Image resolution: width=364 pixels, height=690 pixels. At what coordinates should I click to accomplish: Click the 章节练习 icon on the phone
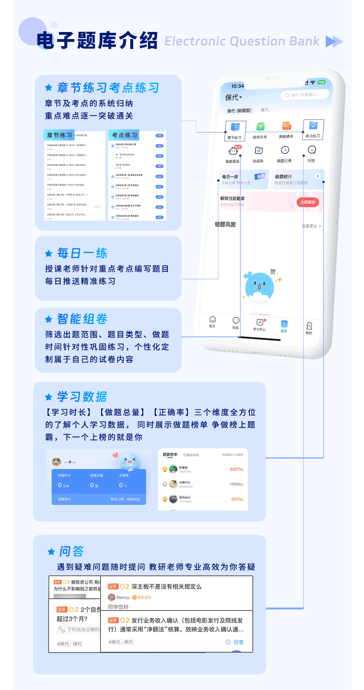[235, 127]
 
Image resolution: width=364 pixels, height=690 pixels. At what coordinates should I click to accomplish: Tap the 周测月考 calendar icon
[260, 127]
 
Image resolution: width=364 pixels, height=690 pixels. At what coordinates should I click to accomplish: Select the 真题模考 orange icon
[286, 126]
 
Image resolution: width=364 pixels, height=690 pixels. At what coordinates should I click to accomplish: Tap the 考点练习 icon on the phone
[313, 126]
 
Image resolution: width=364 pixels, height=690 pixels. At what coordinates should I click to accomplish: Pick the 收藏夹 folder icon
[259, 151]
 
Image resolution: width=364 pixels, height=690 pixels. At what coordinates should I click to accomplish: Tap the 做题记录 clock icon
[285, 150]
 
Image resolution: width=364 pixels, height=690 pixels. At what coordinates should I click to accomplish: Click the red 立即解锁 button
[308, 202]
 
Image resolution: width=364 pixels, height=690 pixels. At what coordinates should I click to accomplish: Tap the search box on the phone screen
[304, 95]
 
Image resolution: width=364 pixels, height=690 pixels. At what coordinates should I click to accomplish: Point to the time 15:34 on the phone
[238, 86]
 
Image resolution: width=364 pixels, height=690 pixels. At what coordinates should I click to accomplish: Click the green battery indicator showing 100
[321, 82]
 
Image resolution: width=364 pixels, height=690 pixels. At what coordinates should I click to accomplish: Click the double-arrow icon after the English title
[334, 41]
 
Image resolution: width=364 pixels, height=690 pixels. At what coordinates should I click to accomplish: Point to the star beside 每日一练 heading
[49, 253]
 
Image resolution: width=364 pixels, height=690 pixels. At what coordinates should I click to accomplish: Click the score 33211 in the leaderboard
[236, 469]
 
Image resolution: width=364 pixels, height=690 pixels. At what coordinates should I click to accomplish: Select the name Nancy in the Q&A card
[123, 597]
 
